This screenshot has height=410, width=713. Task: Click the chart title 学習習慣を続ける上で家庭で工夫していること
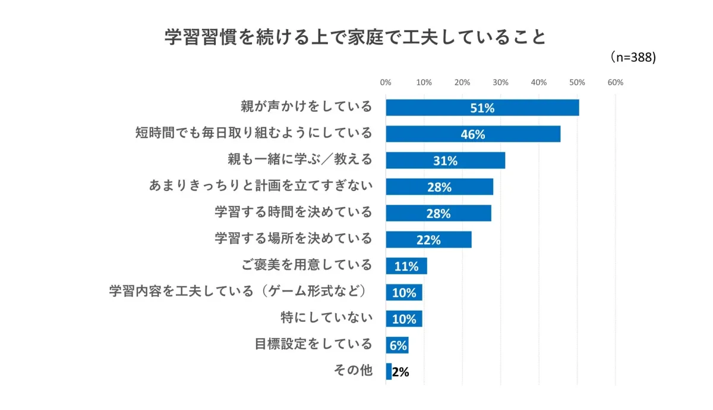coord(355,37)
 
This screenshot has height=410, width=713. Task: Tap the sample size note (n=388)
coord(632,58)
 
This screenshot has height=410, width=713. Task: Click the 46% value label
coord(473,134)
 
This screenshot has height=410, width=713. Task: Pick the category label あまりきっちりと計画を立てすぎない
coord(260,186)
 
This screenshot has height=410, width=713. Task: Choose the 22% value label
coord(428,240)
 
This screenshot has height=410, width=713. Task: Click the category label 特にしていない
coord(326,317)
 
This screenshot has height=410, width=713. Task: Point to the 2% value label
coord(401,373)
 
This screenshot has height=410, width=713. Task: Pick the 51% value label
coord(482,108)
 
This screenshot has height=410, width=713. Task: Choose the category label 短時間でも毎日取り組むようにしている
coord(254,132)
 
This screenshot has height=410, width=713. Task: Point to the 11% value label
coord(406,267)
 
